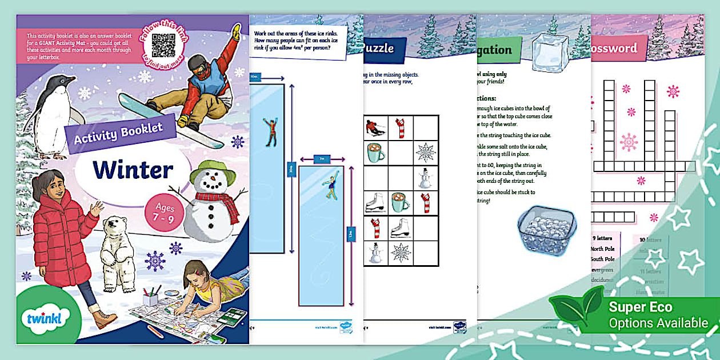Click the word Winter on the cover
tap(133, 170)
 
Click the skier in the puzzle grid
tap(376, 127)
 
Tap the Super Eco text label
tap(639, 307)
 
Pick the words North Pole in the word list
tap(603, 249)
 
